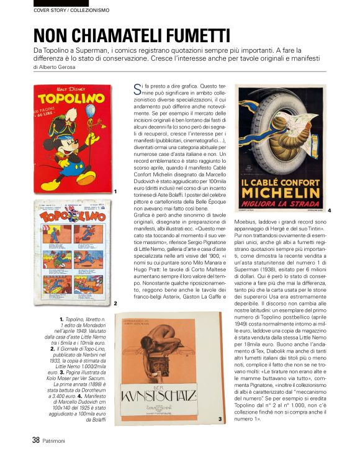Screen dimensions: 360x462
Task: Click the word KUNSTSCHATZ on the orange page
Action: click(x=165, y=395)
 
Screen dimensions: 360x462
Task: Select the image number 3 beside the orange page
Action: click(x=220, y=420)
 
